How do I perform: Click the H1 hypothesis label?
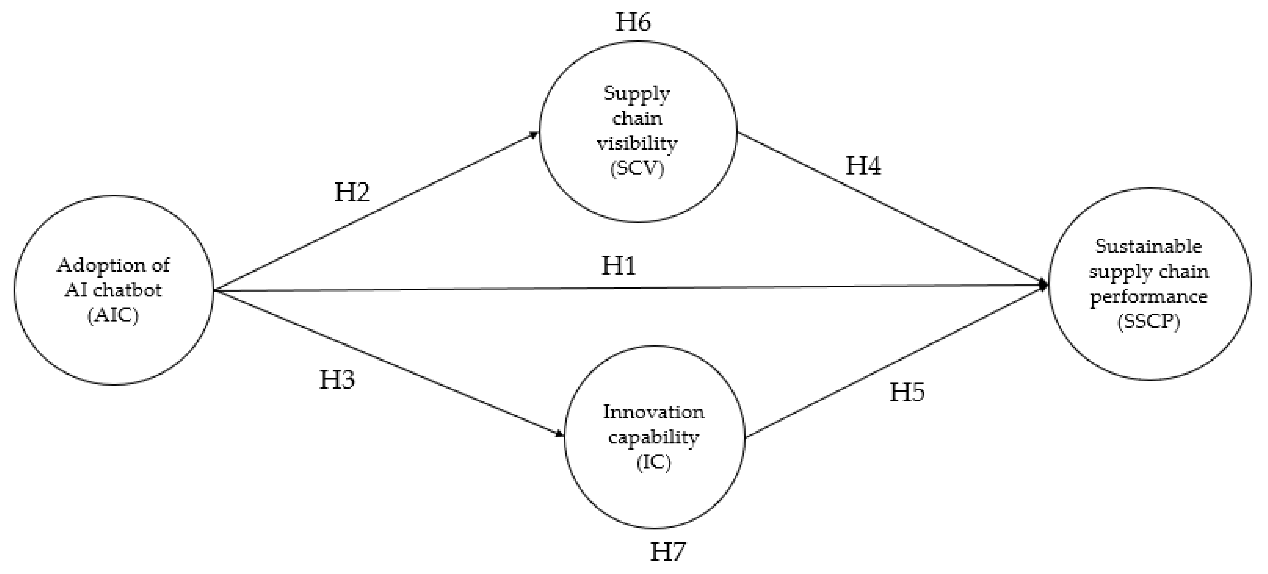tap(618, 266)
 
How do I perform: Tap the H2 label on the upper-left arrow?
tap(352, 192)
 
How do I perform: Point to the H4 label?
tap(863, 166)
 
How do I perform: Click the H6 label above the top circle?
tap(633, 22)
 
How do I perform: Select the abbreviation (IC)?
tap(654, 462)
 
